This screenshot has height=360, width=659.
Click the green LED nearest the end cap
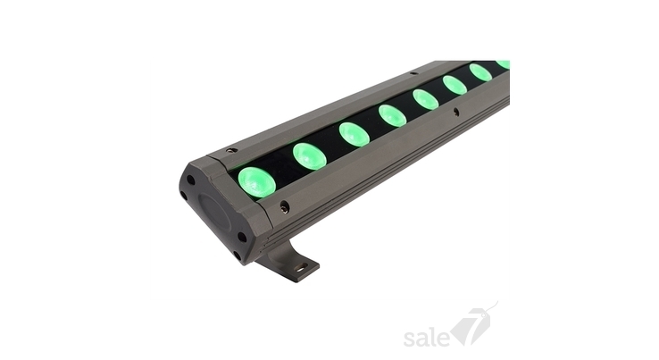click(x=257, y=182)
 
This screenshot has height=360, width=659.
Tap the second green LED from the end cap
click(x=310, y=156)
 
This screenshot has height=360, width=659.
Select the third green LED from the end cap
click(x=355, y=133)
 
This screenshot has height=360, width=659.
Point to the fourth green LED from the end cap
click(x=393, y=115)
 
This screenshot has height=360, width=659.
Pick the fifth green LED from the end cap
click(x=426, y=99)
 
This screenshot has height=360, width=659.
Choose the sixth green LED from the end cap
click(x=455, y=85)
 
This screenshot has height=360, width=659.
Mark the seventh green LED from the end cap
click(x=480, y=72)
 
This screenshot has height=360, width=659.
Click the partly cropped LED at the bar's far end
click(x=503, y=64)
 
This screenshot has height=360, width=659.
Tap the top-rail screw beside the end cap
click(x=230, y=150)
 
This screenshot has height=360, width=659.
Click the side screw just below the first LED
click(x=285, y=205)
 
